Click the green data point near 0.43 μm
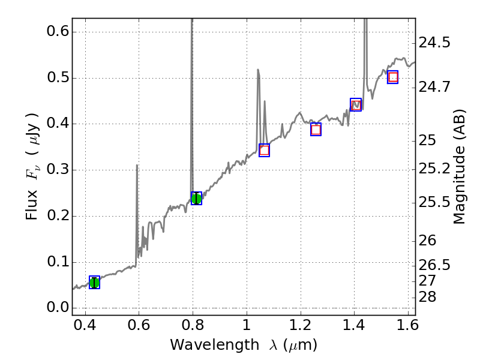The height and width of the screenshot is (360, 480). point(94,283)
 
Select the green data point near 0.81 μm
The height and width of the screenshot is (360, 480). point(196,199)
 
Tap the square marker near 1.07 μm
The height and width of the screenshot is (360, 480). point(264,150)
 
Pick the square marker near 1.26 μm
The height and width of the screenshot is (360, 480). point(316,130)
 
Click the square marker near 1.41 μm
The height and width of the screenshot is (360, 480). point(356,105)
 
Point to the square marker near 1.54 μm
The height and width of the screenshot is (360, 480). point(393,77)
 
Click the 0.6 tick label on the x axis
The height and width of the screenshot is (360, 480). point(139,328)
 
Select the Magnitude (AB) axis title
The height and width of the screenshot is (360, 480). point(460,166)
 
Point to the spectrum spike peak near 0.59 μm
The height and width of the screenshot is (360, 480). point(137,165)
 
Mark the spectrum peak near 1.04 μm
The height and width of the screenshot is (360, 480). point(258,70)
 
